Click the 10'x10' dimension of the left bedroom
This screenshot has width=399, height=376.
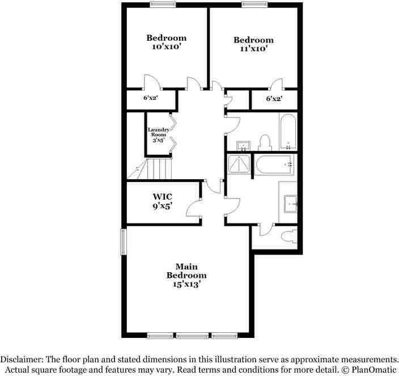[x=166, y=48]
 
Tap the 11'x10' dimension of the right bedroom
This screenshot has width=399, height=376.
[x=253, y=49]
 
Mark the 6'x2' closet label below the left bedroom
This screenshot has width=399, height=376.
[x=150, y=98]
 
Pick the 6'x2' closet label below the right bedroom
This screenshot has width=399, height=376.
[x=274, y=99]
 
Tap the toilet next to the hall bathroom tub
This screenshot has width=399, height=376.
[x=264, y=142]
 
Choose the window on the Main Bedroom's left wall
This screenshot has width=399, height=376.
[x=122, y=242]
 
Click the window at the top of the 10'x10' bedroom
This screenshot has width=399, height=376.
[x=162, y=5]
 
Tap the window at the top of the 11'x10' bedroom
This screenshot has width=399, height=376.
[x=253, y=5]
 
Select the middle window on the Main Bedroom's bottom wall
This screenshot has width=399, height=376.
[x=192, y=335]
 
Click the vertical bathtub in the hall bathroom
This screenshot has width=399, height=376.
[x=287, y=131]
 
